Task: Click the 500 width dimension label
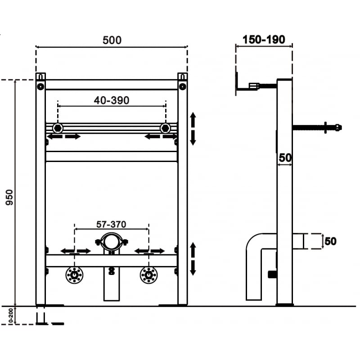(x=112, y=40)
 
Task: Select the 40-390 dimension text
(x=112, y=100)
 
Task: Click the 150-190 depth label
(x=264, y=40)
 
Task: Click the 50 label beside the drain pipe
(x=330, y=241)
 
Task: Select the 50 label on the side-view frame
(x=284, y=157)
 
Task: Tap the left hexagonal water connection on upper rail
(x=58, y=128)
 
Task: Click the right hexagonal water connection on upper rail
(x=165, y=128)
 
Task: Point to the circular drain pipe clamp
(x=111, y=242)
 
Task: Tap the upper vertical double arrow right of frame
(x=193, y=129)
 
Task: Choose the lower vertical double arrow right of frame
(x=193, y=259)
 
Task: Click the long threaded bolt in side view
(x=317, y=127)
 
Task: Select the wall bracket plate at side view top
(x=236, y=84)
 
